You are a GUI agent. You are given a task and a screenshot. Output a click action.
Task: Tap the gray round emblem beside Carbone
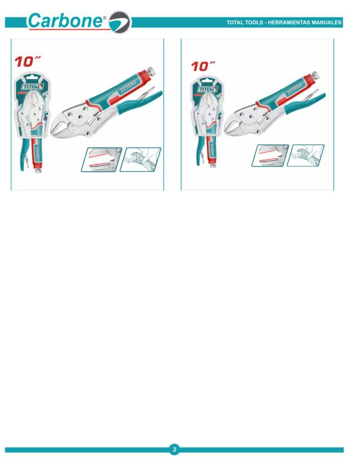120,22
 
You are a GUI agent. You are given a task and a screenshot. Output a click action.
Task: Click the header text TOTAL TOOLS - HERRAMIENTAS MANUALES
284,22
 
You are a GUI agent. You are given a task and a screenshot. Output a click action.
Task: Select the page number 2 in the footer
175,449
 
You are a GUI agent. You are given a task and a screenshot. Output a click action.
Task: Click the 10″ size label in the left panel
28,61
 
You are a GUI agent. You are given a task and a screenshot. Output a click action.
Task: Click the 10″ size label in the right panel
203,66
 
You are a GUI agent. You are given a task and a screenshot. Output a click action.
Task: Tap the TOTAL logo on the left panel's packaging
32,87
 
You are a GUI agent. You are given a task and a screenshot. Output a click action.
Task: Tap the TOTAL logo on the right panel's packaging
208,89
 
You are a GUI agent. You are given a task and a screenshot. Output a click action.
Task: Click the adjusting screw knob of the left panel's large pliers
151,71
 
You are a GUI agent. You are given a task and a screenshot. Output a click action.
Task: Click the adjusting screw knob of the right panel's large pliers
315,75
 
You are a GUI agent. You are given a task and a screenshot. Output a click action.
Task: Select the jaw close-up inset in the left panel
101,160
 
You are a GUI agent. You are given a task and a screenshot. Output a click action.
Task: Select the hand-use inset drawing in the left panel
140,160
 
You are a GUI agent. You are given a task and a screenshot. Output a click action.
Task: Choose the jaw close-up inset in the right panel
270,156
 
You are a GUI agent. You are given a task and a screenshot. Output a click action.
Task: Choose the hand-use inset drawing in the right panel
305,156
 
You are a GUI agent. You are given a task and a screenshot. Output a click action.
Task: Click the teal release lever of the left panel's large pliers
140,101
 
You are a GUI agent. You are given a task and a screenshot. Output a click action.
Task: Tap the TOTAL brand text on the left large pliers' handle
128,85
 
